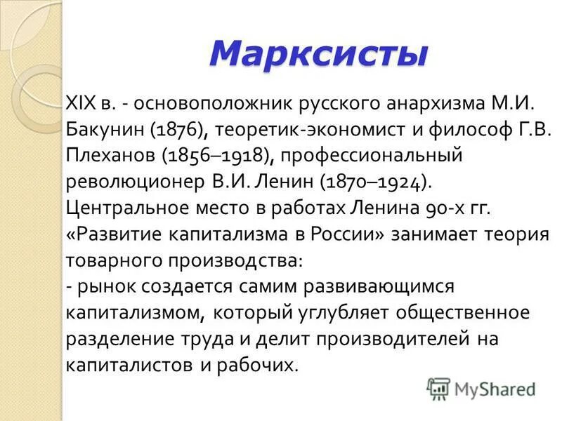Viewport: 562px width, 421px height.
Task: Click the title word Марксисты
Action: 318,53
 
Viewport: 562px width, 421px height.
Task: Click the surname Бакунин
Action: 103,130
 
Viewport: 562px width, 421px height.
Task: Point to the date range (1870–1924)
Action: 372,182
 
